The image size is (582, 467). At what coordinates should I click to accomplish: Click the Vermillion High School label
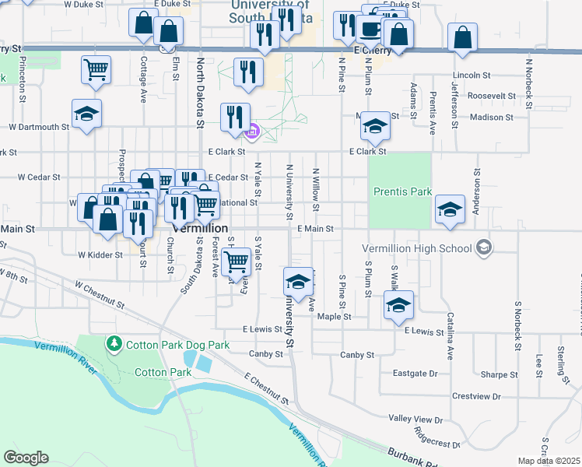(417, 248)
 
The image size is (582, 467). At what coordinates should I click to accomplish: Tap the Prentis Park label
(401, 191)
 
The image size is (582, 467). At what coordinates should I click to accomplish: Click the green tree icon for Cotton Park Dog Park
(114, 342)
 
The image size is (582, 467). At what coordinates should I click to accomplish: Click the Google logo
(26, 457)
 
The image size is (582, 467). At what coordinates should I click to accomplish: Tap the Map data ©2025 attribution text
(549, 461)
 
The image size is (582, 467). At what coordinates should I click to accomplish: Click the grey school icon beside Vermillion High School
(484, 248)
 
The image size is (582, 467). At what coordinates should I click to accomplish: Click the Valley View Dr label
(415, 420)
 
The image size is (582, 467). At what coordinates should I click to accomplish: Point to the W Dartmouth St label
(39, 127)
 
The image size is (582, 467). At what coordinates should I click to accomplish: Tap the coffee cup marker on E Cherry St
(370, 29)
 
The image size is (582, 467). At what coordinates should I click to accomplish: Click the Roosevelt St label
(487, 96)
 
